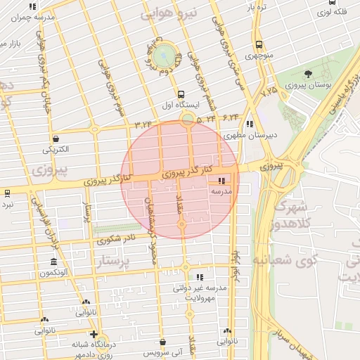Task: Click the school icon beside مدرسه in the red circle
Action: click(223, 181)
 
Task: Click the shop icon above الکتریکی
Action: click(56, 139)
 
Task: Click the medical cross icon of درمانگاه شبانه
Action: click(94, 334)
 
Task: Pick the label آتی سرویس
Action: click(161, 350)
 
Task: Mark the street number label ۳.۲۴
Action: click(143, 124)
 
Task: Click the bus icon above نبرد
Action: click(6, 192)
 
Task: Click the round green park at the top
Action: click(166, 53)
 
